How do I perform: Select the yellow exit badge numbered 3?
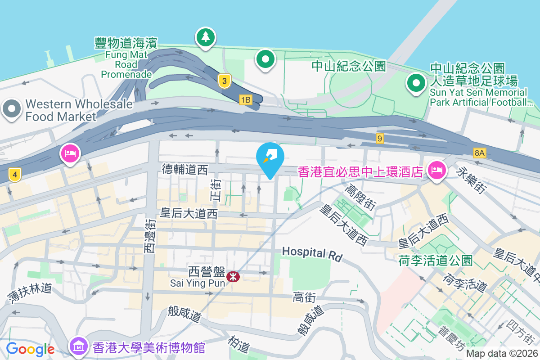coord(224,81)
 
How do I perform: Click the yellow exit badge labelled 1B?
coord(245,100)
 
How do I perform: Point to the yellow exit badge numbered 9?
coord(380,139)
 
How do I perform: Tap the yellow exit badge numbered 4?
coord(15,175)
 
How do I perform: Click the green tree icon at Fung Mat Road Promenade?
coord(205,37)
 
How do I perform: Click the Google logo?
coord(30,349)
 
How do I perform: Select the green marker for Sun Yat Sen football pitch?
coord(416,83)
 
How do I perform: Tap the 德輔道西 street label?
coord(185,169)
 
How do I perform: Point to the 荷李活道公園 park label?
coord(435,260)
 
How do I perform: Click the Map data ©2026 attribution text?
coord(502,354)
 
